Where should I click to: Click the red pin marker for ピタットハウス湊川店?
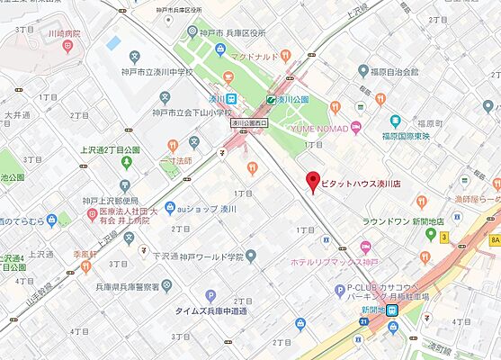tap(313, 180)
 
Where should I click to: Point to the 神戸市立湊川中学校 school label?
tap(167, 73)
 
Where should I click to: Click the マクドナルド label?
tap(255, 57)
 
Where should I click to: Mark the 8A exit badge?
tap(493, 239)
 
